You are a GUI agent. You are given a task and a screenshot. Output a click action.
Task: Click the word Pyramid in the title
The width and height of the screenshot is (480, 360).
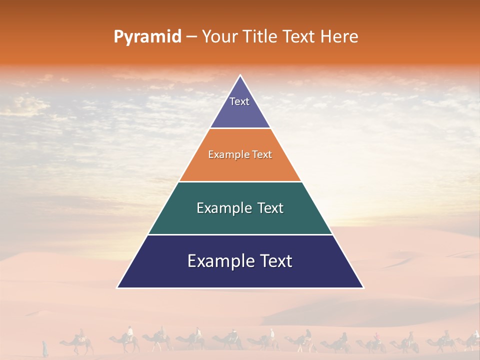[147, 37]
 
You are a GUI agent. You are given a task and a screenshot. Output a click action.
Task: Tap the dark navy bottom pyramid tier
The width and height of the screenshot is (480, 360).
[240, 272]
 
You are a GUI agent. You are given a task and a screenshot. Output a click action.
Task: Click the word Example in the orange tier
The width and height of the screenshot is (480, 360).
[226, 155]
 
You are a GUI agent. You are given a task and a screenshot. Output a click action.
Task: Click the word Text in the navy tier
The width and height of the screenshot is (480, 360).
[274, 261]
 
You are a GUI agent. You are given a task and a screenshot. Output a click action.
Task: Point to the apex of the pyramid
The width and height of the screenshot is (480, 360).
[240, 76]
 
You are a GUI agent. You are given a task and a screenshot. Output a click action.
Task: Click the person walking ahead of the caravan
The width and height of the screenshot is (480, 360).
[45, 348]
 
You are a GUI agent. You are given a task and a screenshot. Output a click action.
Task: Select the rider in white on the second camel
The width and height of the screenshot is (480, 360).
[130, 332]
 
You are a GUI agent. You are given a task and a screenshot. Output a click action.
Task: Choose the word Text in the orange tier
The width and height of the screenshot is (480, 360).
[260, 155]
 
